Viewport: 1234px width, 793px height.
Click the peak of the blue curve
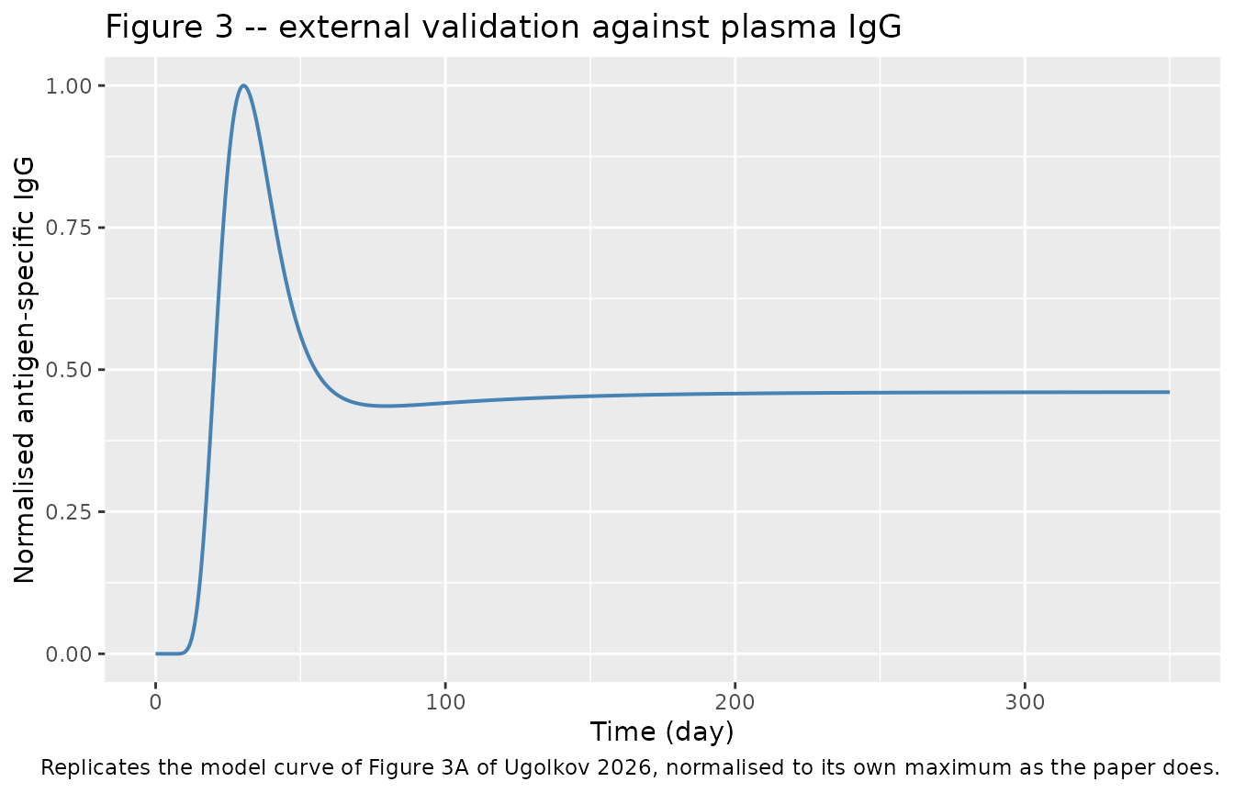click(243, 85)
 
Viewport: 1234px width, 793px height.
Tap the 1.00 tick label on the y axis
click(68, 86)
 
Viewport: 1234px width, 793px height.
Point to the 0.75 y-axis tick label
click(68, 228)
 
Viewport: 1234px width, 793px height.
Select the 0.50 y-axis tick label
click(68, 370)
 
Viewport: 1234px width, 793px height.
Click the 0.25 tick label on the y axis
click(68, 512)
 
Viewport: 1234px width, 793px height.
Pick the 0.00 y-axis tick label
click(68, 654)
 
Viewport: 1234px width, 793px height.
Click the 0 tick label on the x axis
click(156, 703)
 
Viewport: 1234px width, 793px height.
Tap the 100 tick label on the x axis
click(445, 703)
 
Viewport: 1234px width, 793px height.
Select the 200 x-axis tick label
click(735, 703)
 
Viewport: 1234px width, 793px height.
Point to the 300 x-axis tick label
click(1026, 703)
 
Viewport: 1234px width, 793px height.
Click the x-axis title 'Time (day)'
click(662, 732)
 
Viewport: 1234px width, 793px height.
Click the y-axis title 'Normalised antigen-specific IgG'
click(24, 370)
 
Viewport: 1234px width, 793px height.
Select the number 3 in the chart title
click(224, 27)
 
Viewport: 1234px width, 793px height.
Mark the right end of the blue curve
click(1170, 392)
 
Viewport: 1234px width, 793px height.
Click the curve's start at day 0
click(156, 653)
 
